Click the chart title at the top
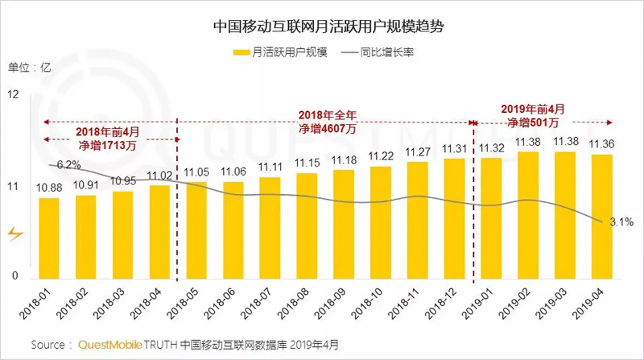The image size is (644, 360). click(x=328, y=27)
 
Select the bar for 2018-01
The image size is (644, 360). click(x=49, y=238)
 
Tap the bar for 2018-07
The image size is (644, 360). click(x=270, y=228)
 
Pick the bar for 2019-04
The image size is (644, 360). click(x=601, y=216)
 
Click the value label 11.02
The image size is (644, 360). click(x=159, y=176)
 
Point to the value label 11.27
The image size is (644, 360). click(x=417, y=152)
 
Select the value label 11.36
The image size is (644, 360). click(x=601, y=144)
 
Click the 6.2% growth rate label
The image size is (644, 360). click(x=69, y=165)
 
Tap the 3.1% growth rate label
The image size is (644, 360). click(x=621, y=222)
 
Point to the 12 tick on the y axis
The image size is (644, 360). click(x=13, y=95)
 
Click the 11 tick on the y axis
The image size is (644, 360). click(x=13, y=186)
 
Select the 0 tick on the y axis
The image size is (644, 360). click(x=15, y=275)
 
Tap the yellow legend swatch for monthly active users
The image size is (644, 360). click(x=241, y=52)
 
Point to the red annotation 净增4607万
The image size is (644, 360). click(x=327, y=129)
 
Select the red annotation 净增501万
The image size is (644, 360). click(x=533, y=122)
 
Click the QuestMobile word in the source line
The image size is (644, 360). click(x=110, y=345)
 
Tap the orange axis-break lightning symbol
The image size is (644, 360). click(x=15, y=234)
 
